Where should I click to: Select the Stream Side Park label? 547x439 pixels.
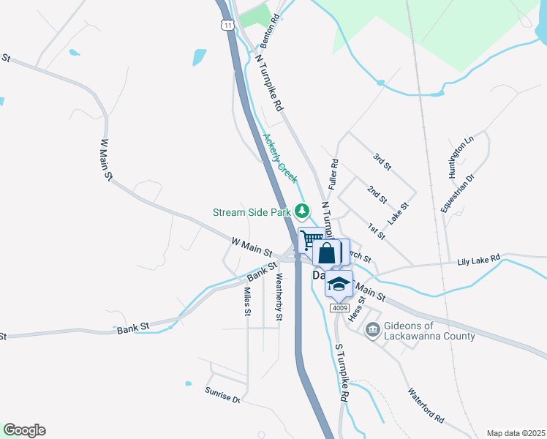(x=252, y=212)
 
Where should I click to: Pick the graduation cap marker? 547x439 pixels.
(x=339, y=284)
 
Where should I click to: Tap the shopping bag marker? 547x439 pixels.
(x=328, y=253)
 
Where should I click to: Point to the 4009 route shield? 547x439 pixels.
(x=339, y=308)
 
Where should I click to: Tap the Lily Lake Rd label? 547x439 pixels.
(x=478, y=260)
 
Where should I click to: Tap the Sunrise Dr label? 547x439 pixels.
(x=222, y=395)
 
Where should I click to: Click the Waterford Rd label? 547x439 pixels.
(x=426, y=406)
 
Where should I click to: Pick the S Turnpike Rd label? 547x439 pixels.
(x=340, y=372)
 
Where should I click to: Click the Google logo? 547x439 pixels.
(x=24, y=430)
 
